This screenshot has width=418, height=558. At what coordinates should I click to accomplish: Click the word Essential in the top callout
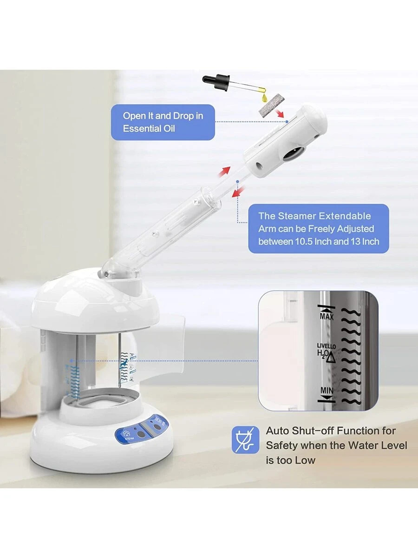(141, 128)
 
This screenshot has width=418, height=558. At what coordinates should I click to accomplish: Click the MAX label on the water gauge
(327, 317)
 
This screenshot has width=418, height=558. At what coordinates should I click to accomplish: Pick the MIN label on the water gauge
(327, 391)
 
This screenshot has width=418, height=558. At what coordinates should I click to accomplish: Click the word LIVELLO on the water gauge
(326, 346)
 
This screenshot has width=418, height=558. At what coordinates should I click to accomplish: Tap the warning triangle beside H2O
(331, 358)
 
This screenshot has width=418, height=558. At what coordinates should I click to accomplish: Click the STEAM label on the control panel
(130, 438)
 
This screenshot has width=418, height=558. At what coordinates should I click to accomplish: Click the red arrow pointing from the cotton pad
(280, 113)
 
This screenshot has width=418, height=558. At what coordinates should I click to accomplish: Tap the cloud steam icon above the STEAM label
(127, 433)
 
